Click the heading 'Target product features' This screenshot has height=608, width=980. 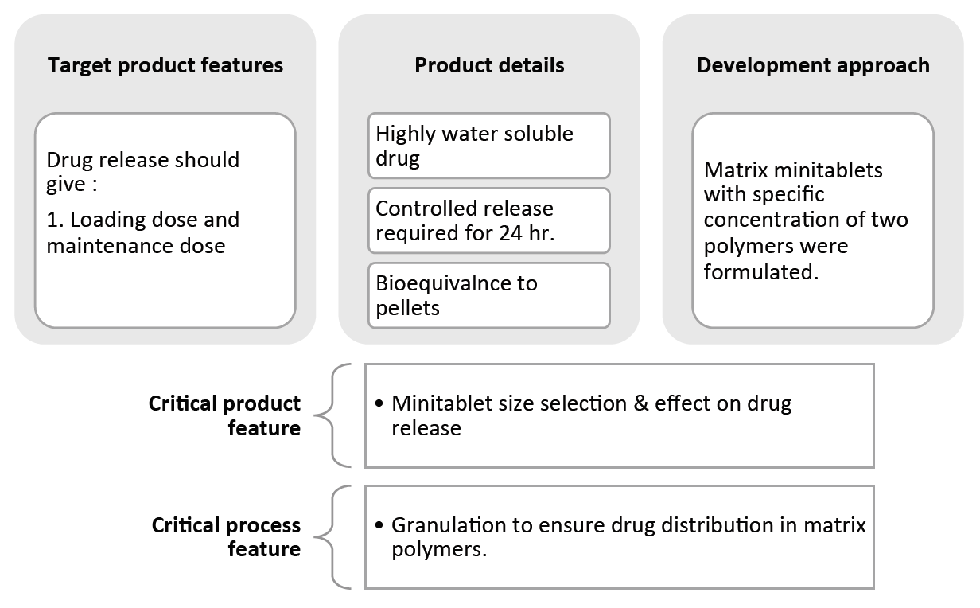[165, 65]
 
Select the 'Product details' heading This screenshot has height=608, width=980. [489, 65]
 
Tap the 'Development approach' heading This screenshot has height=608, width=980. [813, 65]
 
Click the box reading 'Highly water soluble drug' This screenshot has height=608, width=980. [489, 145]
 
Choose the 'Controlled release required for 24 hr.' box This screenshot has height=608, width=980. [489, 220]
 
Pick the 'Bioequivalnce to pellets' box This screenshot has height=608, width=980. [489, 295]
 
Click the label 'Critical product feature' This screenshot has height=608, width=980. [224, 415]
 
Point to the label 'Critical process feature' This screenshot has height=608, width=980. [226, 537]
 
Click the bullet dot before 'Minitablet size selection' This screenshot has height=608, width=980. [379, 404]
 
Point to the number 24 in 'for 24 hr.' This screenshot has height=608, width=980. [506, 234]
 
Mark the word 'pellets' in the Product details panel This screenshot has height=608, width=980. [407, 308]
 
